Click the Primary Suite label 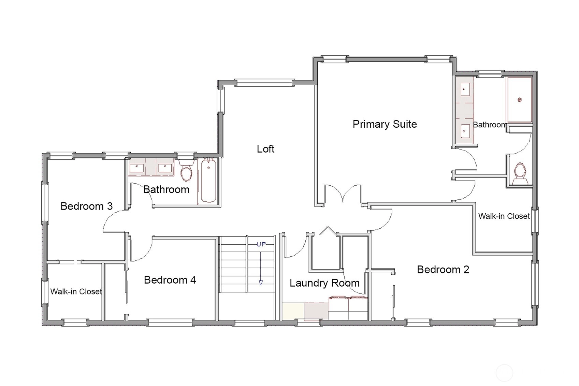click(x=385, y=124)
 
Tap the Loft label click(x=265, y=149)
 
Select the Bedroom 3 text click(x=87, y=206)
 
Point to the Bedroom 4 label click(x=170, y=280)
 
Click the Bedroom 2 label click(x=443, y=270)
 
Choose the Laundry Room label click(x=324, y=283)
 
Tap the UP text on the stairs click(x=261, y=244)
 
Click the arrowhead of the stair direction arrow click(x=261, y=283)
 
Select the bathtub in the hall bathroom click(x=208, y=181)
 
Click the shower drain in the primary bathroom click(x=520, y=100)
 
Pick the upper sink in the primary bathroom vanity click(x=465, y=89)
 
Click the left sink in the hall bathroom click(x=136, y=168)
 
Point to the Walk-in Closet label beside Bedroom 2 click(x=504, y=216)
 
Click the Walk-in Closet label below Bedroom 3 click(x=76, y=291)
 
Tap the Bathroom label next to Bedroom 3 click(x=166, y=190)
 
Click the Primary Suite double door click(x=343, y=194)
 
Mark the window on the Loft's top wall click(x=264, y=83)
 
